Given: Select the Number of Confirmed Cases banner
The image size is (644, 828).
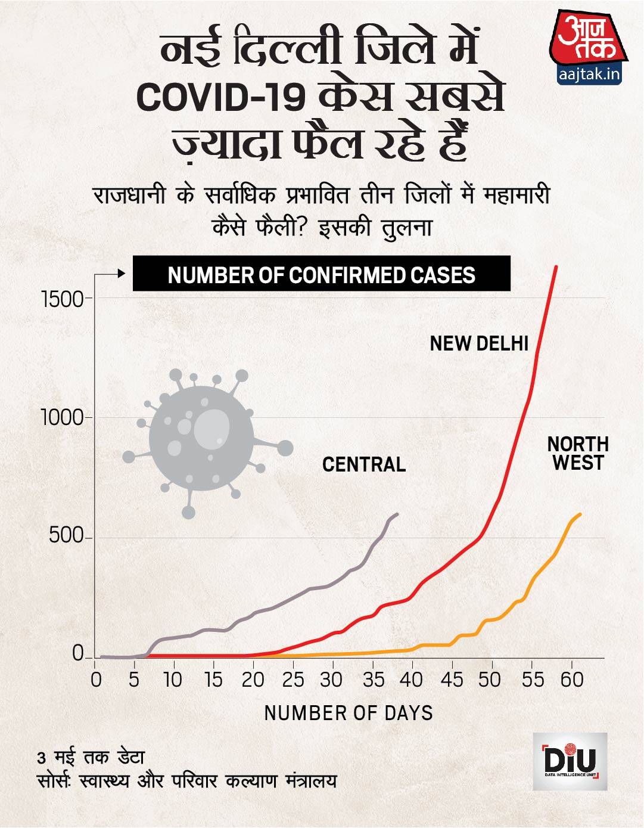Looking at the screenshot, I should (x=321, y=274).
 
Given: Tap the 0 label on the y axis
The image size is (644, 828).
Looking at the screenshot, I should (x=77, y=655).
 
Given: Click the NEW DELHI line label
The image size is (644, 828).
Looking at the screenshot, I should (x=479, y=343).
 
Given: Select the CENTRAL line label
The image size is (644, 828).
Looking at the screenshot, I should (x=364, y=464).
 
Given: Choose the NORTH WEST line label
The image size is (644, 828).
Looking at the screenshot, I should (x=577, y=453).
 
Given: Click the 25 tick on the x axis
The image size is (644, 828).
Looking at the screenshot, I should (x=293, y=680).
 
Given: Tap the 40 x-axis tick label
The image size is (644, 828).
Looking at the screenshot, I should (x=412, y=680).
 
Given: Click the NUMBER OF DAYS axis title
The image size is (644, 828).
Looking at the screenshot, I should (x=349, y=712).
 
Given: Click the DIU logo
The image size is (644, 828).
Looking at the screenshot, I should (x=570, y=761).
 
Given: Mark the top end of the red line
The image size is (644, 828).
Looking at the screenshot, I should (x=556, y=266).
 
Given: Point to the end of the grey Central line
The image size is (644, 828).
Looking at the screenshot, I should (x=398, y=513).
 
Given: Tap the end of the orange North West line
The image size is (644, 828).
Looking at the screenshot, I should (x=580, y=514).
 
